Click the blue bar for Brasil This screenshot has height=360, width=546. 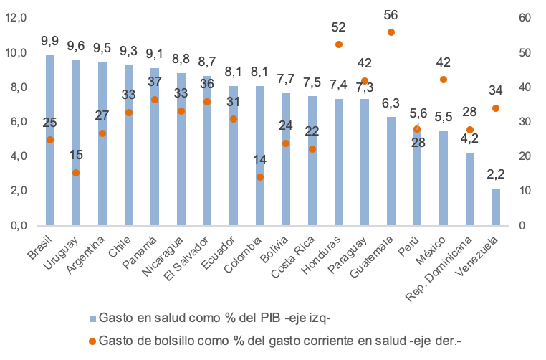pos(50,140)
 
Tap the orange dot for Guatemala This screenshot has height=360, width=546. pos(391,32)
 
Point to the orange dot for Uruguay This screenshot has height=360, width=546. pos(76,173)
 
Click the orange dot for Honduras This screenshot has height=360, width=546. pos(339,44)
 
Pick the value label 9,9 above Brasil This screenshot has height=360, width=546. pos(50,40)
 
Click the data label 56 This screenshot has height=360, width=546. pos(391,15)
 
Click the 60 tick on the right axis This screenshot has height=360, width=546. pos(525,17)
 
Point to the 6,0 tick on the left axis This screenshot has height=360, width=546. pos(15,121)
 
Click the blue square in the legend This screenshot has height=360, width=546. pos(92,317)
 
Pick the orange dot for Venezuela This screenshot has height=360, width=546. pos(496,108)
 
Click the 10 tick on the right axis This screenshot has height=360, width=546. pos(525,191)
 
